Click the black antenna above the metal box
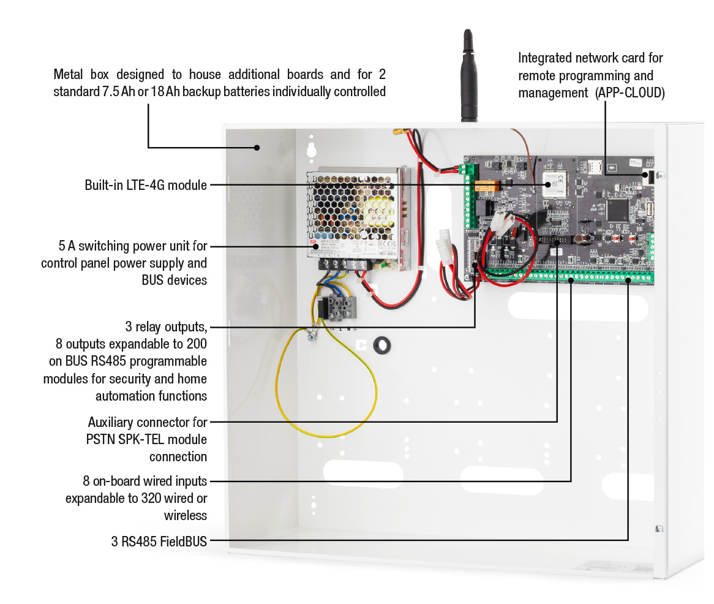[x=468, y=75]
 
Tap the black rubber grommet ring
[x=382, y=345]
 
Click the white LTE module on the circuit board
[x=554, y=184]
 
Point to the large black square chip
[x=617, y=210]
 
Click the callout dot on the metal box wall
[x=257, y=148]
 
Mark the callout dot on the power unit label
[x=316, y=246]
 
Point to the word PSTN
[x=100, y=440]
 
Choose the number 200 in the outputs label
[x=197, y=344]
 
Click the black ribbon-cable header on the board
[x=555, y=240]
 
